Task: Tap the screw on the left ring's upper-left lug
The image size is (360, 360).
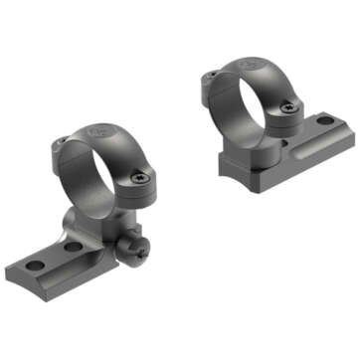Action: (x=62, y=141)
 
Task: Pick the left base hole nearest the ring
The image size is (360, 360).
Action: (x=71, y=246)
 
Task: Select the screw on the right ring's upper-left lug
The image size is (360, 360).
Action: (x=212, y=75)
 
